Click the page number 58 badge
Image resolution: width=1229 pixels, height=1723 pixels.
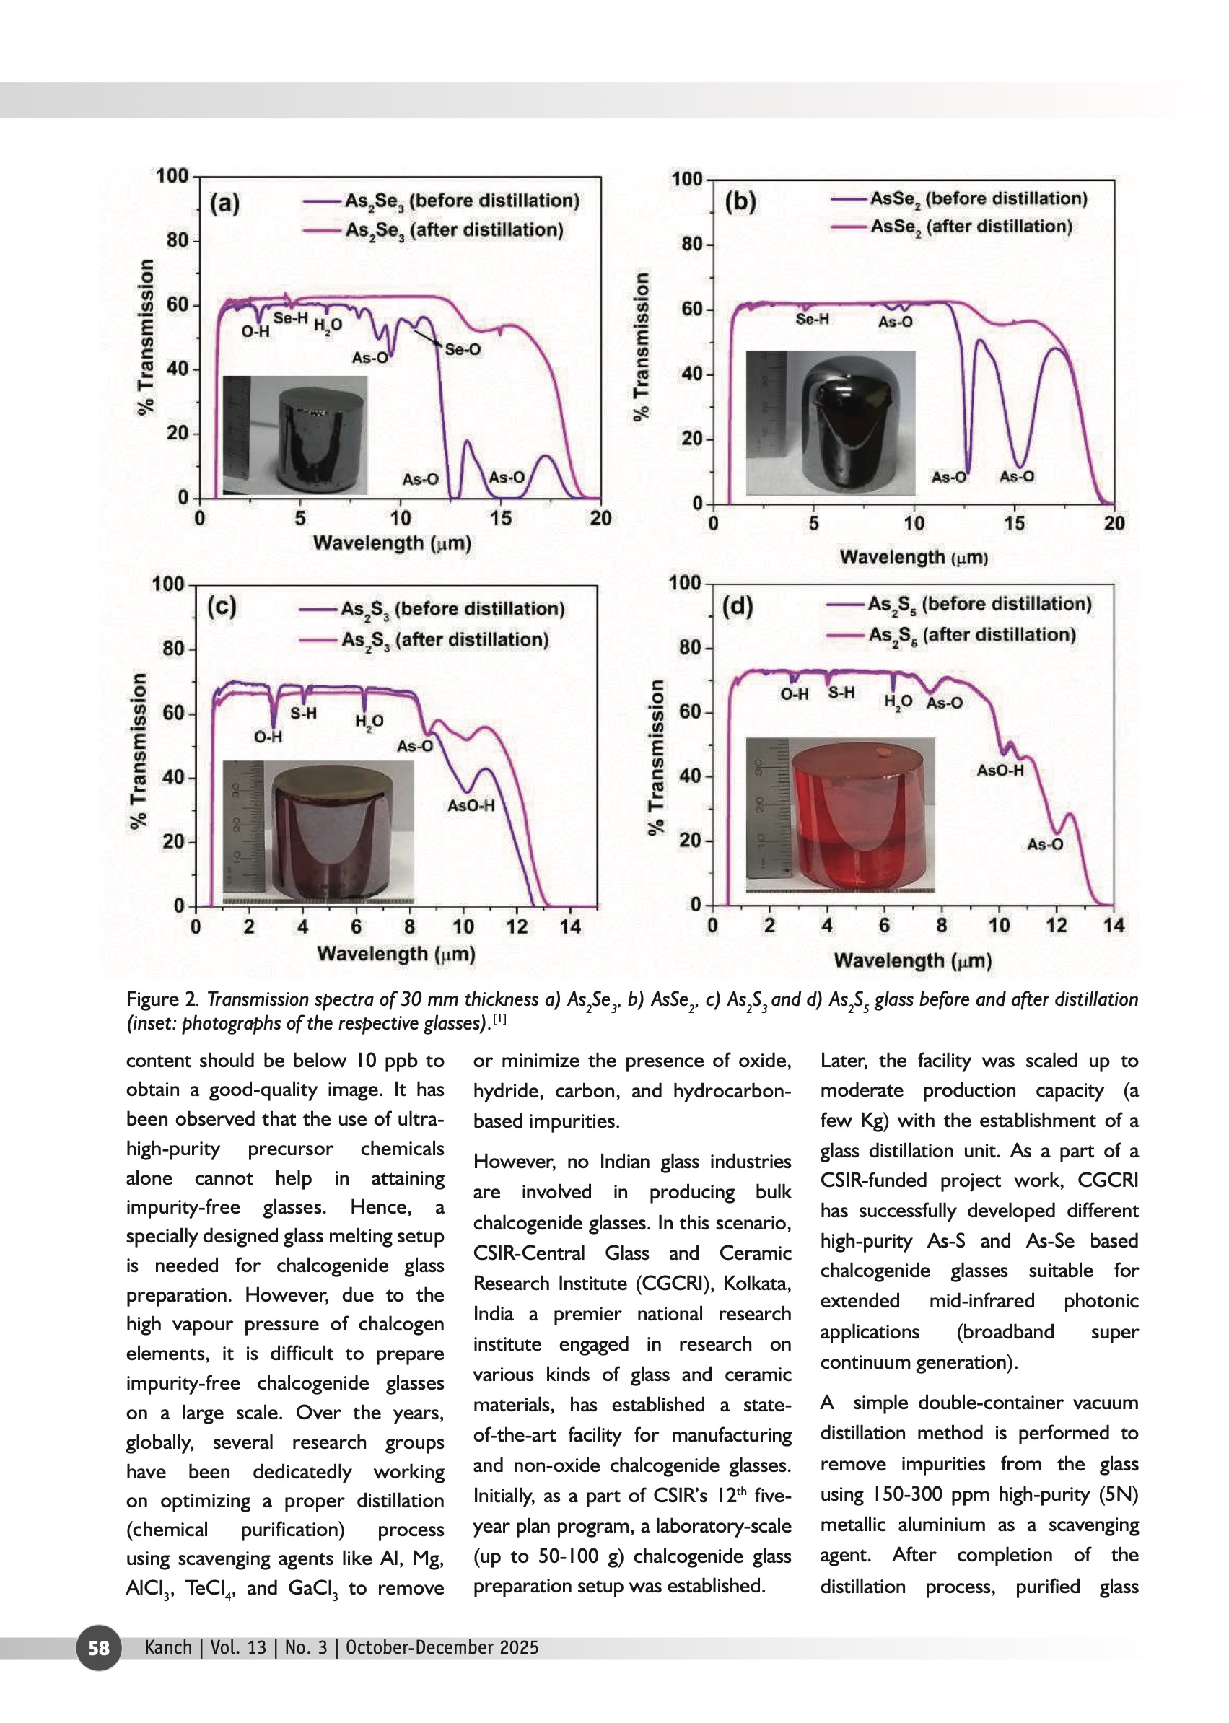(x=98, y=1647)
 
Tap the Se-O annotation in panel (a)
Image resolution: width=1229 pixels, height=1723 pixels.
(x=463, y=350)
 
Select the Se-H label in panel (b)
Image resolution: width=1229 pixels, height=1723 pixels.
(x=812, y=320)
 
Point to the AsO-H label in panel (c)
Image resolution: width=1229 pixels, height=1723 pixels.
(x=471, y=806)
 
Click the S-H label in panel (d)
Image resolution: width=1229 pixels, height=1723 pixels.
(x=841, y=693)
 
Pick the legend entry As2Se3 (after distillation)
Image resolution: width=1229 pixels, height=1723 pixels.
(x=454, y=230)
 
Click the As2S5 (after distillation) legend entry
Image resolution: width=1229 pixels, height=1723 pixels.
(x=971, y=635)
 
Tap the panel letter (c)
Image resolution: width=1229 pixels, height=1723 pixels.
(x=222, y=607)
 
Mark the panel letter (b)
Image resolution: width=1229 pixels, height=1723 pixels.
(x=740, y=202)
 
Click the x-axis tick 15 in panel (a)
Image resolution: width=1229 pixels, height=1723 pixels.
(x=500, y=518)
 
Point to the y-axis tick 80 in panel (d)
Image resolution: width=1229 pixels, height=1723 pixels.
(x=689, y=648)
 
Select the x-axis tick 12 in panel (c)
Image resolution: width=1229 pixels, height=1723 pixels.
(x=517, y=926)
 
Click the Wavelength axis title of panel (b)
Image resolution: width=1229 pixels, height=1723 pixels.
(x=913, y=558)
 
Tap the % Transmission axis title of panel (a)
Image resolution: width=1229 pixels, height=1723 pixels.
(x=145, y=338)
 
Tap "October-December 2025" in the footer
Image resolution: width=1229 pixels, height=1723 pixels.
(x=442, y=1647)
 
